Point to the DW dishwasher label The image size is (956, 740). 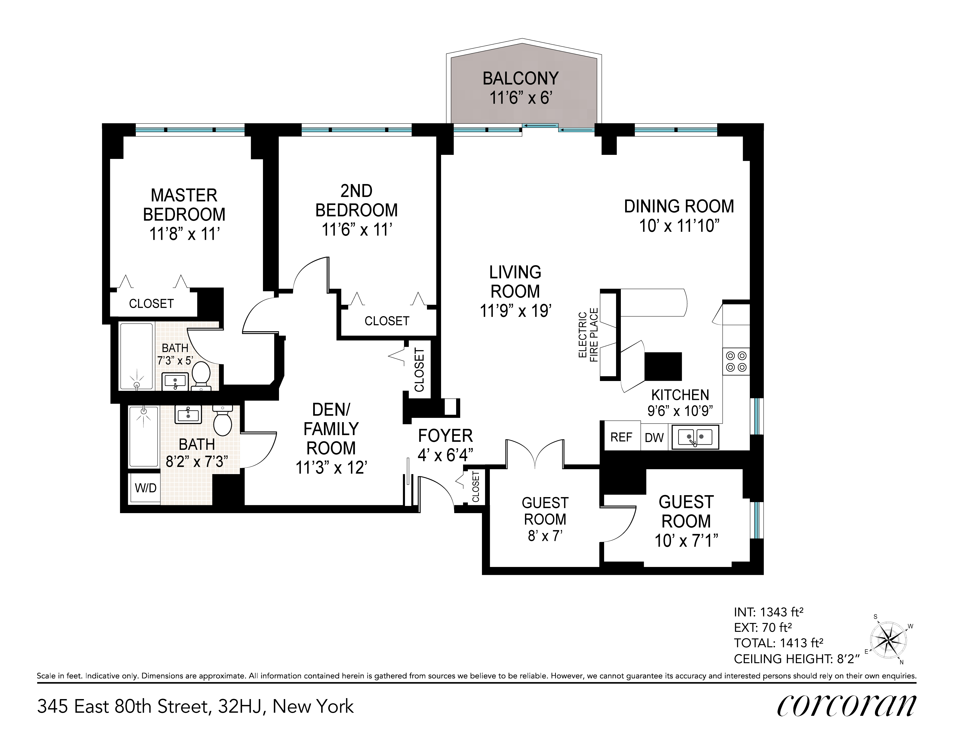point(654,437)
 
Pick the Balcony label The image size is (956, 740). point(520,78)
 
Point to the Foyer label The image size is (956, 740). point(445,436)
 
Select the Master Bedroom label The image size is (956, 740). point(184,205)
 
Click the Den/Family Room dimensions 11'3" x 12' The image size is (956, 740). point(331,468)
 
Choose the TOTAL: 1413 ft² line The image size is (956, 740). point(779,643)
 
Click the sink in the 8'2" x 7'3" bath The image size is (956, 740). point(188,414)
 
